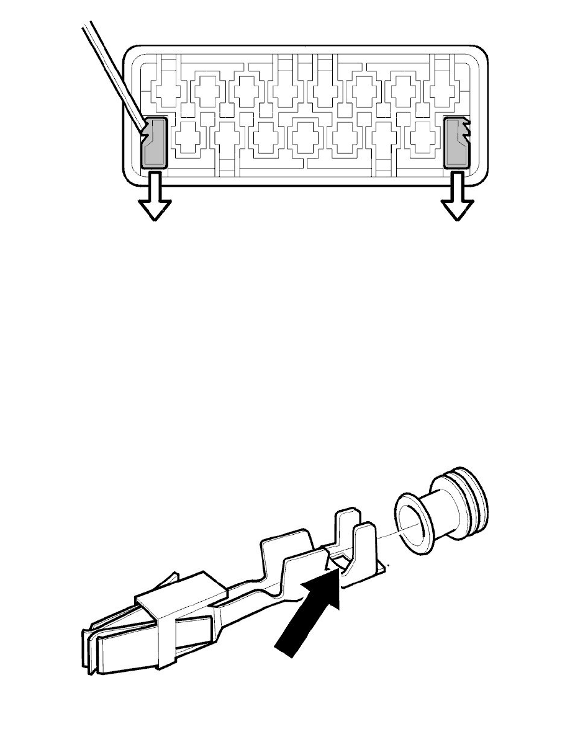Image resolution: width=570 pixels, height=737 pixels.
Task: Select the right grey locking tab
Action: tap(457, 143)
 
